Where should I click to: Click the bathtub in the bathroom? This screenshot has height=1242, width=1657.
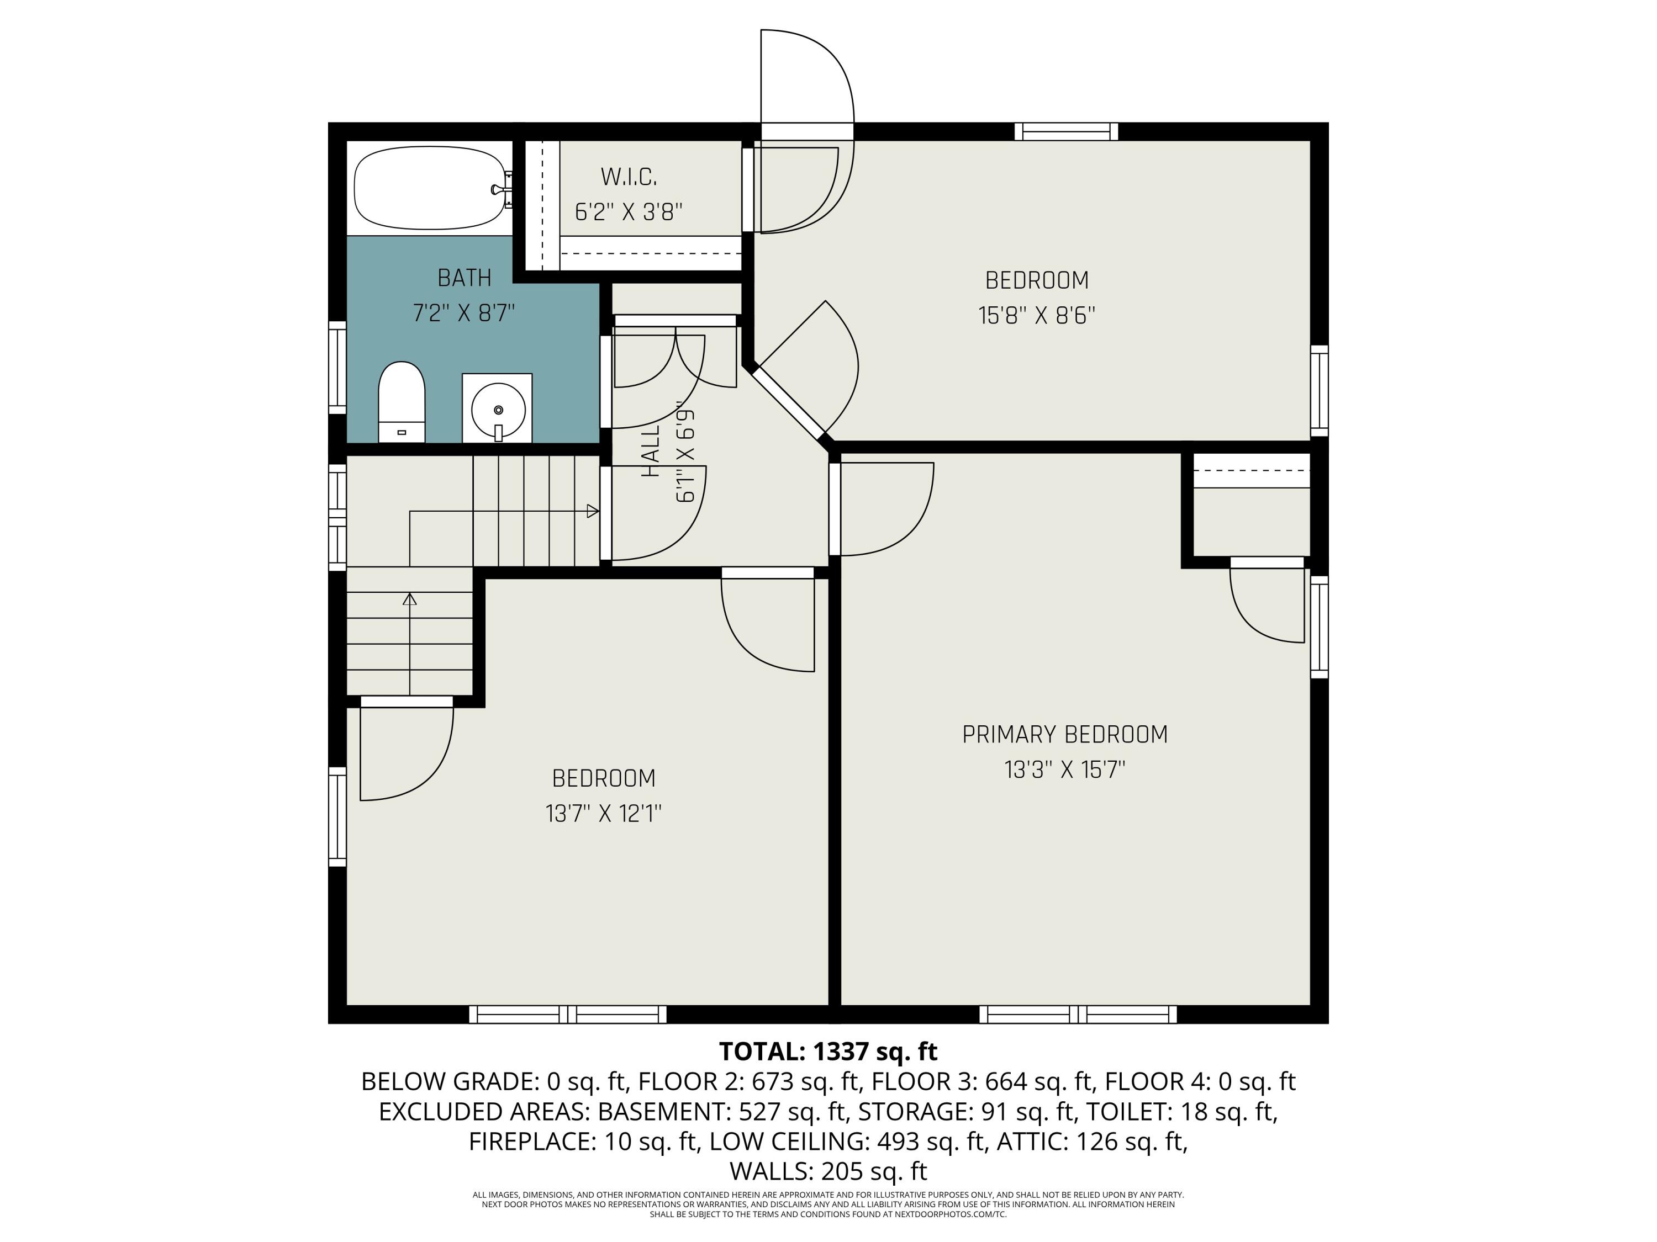[x=429, y=187]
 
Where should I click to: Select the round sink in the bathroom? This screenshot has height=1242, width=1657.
[x=498, y=409]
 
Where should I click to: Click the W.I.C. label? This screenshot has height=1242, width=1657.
[x=629, y=177]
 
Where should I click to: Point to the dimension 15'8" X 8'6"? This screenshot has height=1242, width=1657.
[x=1036, y=316]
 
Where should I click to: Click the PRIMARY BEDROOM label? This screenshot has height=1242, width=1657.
[x=1064, y=734]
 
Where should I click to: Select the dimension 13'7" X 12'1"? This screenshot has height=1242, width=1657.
[x=603, y=814]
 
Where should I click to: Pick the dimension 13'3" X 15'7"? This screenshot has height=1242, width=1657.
[x=1064, y=769]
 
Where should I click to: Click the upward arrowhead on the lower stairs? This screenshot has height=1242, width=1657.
[x=410, y=599]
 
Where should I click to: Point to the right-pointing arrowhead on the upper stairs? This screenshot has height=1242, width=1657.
[x=593, y=511]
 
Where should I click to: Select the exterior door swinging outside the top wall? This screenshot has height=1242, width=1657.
[x=808, y=75]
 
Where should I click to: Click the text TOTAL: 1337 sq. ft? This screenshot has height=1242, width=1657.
[x=828, y=1051]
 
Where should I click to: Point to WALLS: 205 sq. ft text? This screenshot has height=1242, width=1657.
[x=828, y=1170]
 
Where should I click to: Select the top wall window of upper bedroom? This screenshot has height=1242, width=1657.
[x=1066, y=132]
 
